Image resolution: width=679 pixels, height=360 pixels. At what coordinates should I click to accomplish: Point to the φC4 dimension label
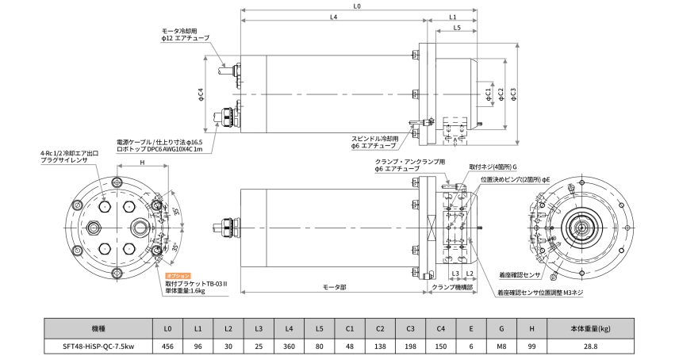point(201,95)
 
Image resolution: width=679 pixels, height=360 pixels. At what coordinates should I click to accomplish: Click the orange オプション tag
point(178,275)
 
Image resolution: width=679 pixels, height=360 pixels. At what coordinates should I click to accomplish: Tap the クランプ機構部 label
point(453,286)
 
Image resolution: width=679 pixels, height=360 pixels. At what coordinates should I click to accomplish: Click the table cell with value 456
point(167,347)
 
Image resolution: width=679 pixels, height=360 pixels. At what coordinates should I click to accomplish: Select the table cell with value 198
point(411,347)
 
